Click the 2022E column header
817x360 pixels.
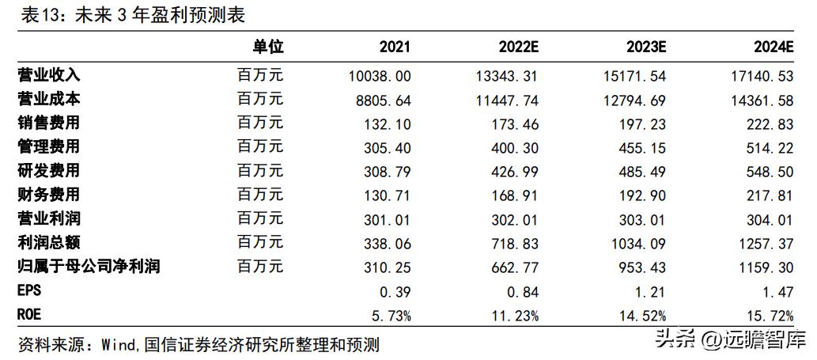519,47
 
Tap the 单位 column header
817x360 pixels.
267,47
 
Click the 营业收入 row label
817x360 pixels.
49,76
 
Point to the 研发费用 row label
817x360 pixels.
49,171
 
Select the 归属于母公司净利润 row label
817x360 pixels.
89,266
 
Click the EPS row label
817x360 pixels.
29,290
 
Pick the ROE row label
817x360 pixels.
29,314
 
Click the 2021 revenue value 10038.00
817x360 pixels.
379,76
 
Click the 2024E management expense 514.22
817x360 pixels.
768,147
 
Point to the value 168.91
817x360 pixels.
513,195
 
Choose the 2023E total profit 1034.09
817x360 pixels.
634,242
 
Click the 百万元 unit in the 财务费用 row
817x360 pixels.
259,195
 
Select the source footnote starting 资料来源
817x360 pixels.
199,344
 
